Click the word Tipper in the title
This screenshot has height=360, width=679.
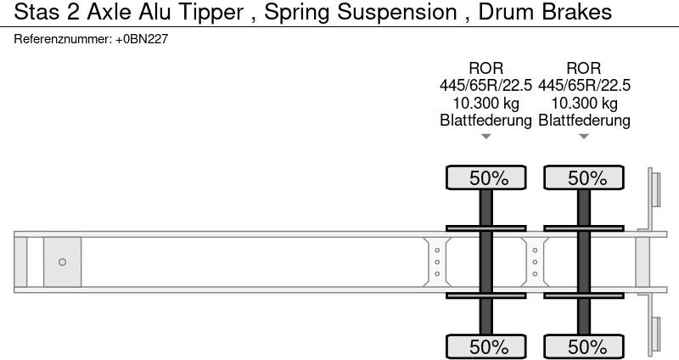pos(210,13)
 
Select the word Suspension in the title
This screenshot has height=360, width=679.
pos(397,13)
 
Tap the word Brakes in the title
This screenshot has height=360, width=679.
pos(577,12)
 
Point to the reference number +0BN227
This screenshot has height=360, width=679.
pos(142,39)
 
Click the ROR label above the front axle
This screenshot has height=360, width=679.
pos(485,69)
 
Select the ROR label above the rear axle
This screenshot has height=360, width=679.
pos(584,69)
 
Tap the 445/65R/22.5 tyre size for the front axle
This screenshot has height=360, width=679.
pos(485,86)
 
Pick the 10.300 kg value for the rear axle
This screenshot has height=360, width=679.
pos(584,103)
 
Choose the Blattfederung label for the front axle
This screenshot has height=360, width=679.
pos(485,120)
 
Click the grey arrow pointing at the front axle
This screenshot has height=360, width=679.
pos(485,137)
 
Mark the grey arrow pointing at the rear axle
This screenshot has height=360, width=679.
pos(584,137)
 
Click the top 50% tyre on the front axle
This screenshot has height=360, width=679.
pos(485,177)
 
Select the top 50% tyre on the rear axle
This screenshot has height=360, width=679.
pos(584,177)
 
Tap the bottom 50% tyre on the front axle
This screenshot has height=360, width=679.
pos(485,346)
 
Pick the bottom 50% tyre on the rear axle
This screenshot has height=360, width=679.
pos(584,346)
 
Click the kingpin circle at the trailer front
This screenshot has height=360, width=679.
pos(62,262)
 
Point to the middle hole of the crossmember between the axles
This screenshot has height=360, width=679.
pos(535,262)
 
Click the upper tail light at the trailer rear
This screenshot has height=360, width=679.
pos(655,189)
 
